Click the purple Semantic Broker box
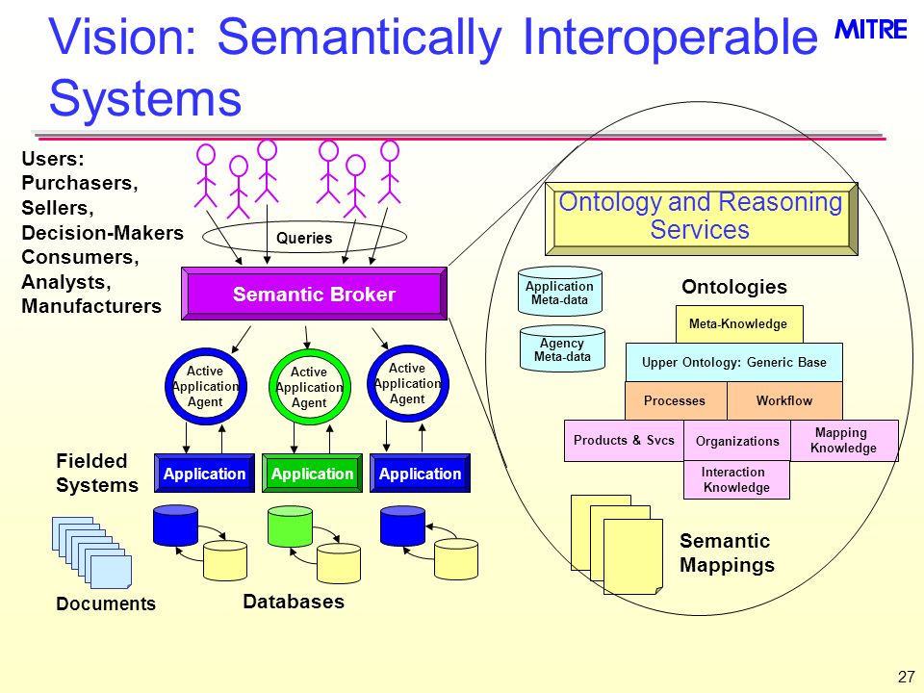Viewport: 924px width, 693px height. (314, 294)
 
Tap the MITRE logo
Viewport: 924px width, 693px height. (871, 30)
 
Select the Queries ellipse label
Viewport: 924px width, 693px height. (304, 238)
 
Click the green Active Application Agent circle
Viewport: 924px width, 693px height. (309, 387)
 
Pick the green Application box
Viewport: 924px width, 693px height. (312, 474)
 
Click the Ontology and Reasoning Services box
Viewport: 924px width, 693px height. (702, 218)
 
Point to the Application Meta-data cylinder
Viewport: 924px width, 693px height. (560, 292)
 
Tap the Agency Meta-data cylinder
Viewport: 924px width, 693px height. (562, 348)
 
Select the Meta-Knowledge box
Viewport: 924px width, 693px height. (739, 324)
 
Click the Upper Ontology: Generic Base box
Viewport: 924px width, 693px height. (734, 363)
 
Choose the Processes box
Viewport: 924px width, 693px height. (676, 400)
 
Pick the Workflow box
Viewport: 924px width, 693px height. (785, 400)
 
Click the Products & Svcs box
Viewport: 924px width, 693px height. (624, 440)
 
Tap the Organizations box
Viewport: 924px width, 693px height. (737, 441)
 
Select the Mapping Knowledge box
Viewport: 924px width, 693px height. (844, 440)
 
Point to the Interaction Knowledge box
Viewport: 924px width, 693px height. (736, 479)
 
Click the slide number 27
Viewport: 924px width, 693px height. (907, 677)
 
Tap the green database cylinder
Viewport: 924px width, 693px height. (290, 526)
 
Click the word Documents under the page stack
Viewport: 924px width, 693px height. (106, 603)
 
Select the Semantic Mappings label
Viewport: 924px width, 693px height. (728, 552)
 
